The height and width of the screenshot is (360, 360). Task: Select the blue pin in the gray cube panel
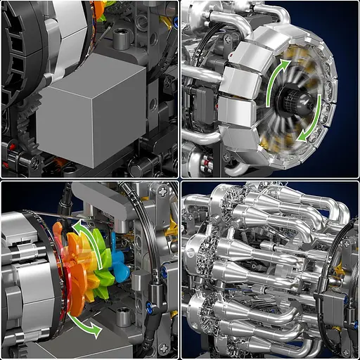174,22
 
